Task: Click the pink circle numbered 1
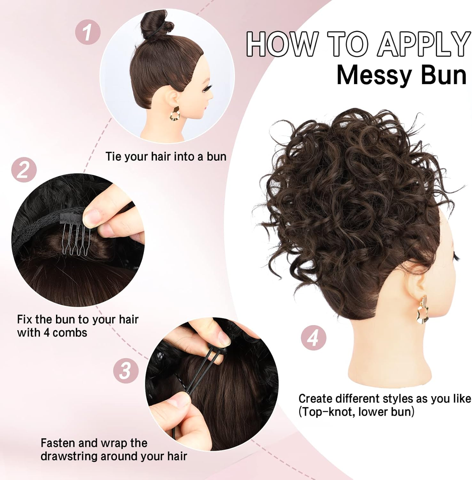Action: (88, 32)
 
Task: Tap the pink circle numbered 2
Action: (24, 170)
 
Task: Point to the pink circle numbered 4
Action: (313, 338)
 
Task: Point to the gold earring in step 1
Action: (175, 114)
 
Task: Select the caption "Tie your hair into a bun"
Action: (166, 156)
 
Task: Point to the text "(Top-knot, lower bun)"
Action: (356, 412)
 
